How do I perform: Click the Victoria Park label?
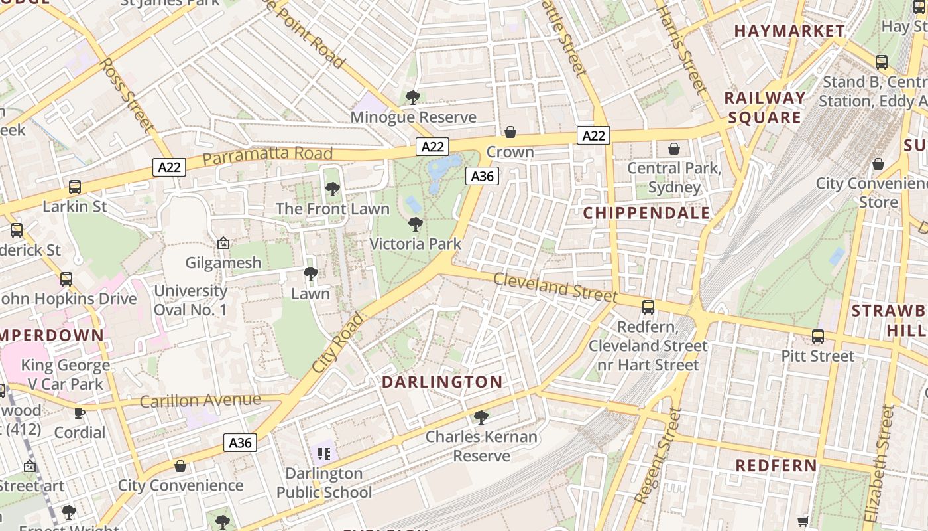coord(415,244)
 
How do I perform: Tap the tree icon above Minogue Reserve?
coord(413,98)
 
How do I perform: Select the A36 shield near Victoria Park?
coord(482,176)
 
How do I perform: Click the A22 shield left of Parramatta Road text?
coord(169,167)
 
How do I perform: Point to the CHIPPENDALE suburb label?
coord(646,213)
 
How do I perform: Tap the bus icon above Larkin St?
coord(75,187)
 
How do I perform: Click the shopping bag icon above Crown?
coord(510,132)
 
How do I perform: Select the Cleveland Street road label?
coord(555,287)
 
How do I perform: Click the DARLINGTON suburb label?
coord(442,382)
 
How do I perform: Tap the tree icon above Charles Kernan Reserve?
coord(481,417)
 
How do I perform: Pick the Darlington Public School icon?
coord(323,454)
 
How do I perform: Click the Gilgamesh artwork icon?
coord(223,244)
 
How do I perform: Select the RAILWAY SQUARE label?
coord(765,108)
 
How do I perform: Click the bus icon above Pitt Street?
coord(818,337)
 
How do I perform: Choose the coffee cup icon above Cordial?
coord(80,414)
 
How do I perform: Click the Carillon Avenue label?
coord(200,400)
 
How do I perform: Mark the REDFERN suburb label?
coord(776,465)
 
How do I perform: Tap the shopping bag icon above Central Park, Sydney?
coord(674,149)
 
